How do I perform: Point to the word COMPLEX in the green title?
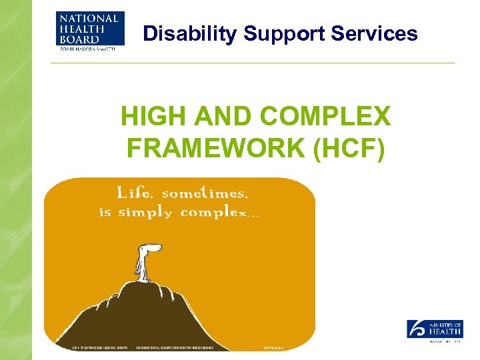coord(325,117)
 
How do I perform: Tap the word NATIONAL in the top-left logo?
coord(89,18)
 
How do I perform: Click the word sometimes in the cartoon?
coord(205,193)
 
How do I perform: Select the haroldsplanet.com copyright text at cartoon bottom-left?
coord(99,347)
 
